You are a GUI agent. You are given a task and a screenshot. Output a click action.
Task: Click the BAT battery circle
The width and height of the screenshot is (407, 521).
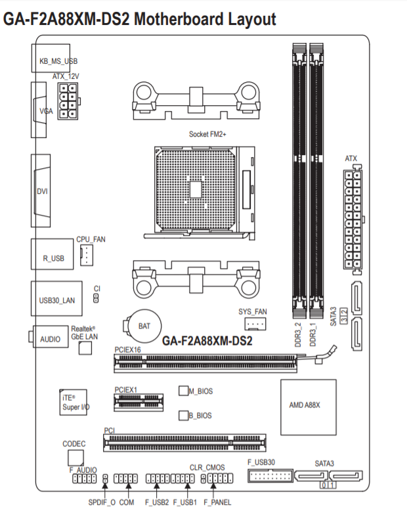(144, 326)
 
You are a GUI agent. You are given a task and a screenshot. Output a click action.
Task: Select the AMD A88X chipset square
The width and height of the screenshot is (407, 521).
(309, 407)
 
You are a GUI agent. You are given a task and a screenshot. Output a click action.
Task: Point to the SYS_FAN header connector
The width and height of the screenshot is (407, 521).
(255, 324)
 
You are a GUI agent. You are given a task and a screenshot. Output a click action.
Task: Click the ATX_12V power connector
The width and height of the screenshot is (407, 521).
(68, 101)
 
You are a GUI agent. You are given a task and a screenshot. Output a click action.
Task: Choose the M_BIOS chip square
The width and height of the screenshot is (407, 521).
(183, 391)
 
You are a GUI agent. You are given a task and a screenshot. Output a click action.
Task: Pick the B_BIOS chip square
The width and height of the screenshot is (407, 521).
(183, 415)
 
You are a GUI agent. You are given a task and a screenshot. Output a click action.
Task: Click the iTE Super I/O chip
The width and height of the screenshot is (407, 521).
(74, 402)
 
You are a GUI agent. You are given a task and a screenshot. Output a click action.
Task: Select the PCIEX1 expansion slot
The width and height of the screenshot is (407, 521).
(139, 402)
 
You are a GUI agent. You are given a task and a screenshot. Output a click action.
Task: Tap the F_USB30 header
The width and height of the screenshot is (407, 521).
(270, 476)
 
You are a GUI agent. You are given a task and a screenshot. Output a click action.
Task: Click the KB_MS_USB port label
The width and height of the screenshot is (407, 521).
(58, 61)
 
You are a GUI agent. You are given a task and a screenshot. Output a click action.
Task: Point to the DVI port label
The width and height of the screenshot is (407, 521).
(42, 191)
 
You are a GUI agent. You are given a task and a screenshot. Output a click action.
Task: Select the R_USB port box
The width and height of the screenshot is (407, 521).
(52, 254)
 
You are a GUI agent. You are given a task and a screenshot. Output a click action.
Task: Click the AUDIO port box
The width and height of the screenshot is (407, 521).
(51, 336)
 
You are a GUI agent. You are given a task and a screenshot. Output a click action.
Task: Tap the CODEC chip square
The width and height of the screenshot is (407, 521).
(75, 458)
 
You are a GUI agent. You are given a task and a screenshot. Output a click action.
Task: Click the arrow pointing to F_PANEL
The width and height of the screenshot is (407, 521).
(213, 489)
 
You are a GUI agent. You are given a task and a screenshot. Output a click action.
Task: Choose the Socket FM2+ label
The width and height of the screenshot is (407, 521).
(207, 134)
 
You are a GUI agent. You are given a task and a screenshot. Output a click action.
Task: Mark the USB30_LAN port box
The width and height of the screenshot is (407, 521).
(56, 298)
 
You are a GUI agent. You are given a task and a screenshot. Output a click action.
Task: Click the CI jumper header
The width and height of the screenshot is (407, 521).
(96, 298)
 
